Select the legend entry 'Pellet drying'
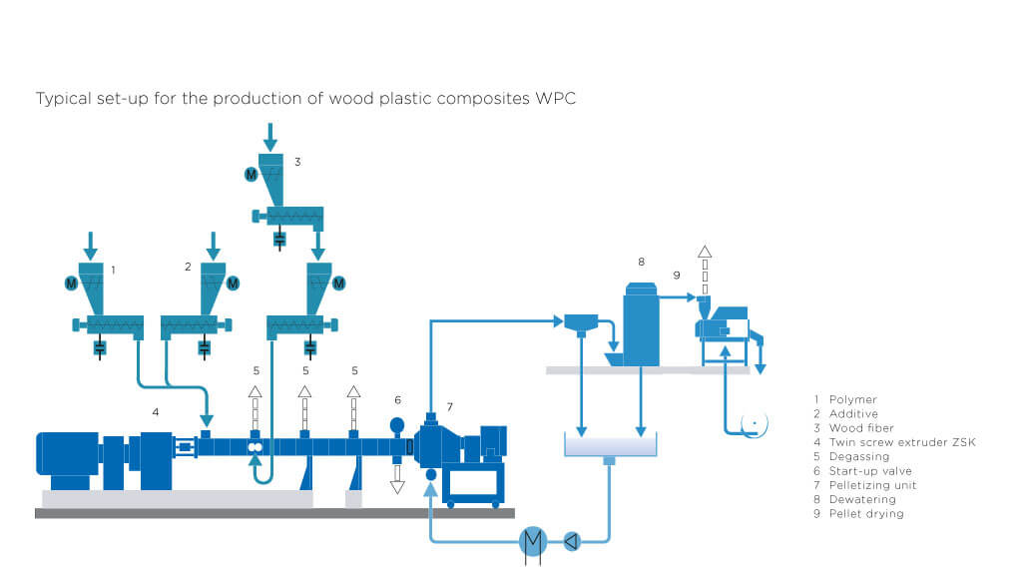click(865, 514)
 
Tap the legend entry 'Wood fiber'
click(859, 428)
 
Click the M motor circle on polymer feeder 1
click(71, 284)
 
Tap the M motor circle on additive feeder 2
click(234, 284)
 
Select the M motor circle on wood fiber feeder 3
click(251, 174)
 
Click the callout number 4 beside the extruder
click(156, 410)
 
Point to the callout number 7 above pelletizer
click(449, 406)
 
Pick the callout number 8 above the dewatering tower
click(641, 262)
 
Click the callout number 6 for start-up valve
click(397, 399)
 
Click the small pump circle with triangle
click(571, 542)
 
